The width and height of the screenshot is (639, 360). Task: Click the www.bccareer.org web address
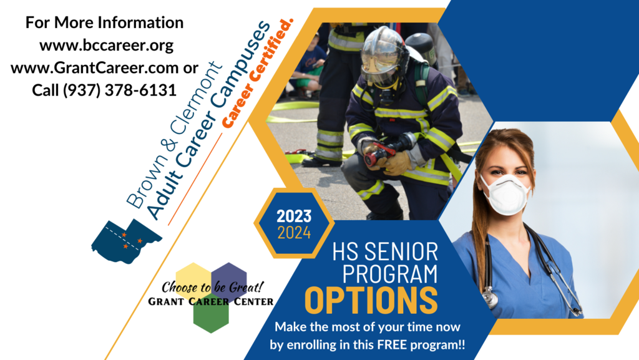coord(106,45)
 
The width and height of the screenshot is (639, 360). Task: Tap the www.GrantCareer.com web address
coord(95,67)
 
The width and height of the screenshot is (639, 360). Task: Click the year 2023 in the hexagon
coord(294,216)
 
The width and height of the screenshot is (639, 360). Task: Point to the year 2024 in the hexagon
coord(294,233)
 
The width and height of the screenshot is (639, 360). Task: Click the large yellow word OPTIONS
coord(371,301)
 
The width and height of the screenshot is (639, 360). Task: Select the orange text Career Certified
coord(257,73)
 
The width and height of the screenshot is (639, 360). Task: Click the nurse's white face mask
coord(505,195)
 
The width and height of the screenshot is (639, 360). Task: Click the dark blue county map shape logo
coord(126,241)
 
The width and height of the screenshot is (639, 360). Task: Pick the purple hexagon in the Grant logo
coord(229,280)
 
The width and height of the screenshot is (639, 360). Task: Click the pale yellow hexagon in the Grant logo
coord(193,281)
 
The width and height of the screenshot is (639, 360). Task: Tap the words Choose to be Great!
coord(212,287)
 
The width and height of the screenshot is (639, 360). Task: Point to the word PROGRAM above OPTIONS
coord(389,274)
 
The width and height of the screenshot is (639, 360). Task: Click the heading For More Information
coord(105,22)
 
